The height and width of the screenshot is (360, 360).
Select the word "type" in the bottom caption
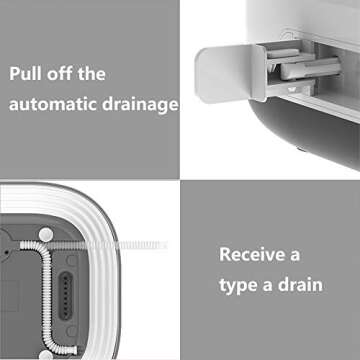[242, 284]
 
